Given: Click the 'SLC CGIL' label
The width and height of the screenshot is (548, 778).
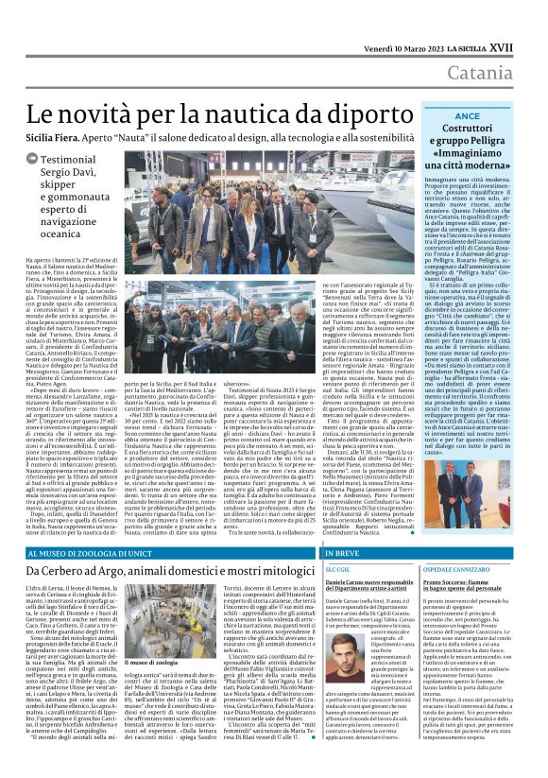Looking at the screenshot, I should (337, 570).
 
